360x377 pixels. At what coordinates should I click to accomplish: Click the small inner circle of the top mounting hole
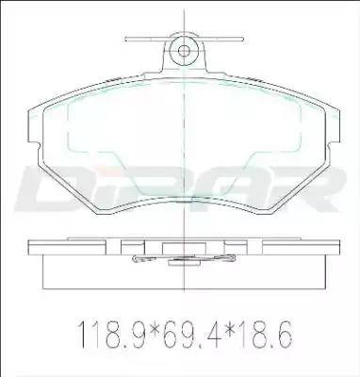184,51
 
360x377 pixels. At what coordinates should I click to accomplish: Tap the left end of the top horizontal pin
125,39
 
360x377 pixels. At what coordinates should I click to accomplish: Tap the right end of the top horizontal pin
243,39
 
